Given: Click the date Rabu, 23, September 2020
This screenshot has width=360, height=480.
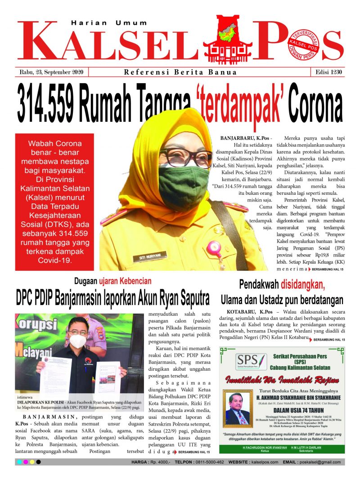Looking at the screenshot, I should pos(53,72).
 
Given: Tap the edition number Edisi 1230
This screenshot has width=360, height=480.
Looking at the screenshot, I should pos(326,72).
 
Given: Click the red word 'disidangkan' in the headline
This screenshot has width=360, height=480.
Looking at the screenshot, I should pos(302,284).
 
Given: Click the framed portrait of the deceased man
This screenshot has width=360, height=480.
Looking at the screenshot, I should pos(237,408).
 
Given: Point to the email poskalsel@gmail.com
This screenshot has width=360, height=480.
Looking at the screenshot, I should pos(319,462).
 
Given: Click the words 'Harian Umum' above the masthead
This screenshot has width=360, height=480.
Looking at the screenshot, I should pos(109,22).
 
